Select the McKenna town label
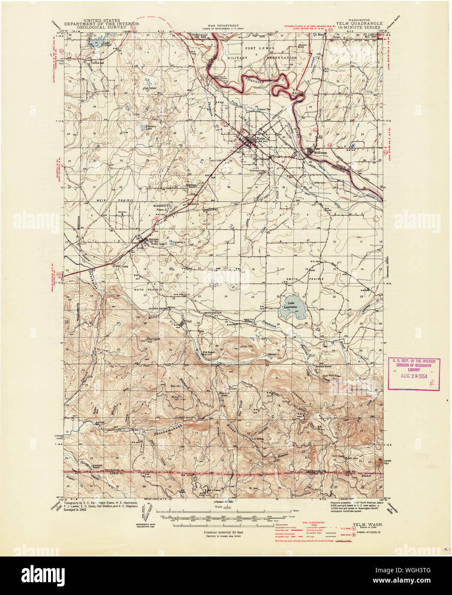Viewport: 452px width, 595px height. point(320,152)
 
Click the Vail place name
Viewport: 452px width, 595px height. point(188,321)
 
